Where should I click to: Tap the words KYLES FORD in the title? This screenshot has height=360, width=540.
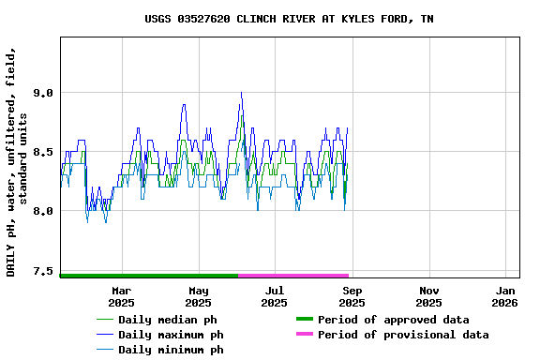pos(371,19)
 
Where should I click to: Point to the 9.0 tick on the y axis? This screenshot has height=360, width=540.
pos(42,93)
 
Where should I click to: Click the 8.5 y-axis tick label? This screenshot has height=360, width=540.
pos(42,152)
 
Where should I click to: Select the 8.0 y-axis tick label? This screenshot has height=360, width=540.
pos(42,211)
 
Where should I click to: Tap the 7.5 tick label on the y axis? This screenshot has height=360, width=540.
pos(42,271)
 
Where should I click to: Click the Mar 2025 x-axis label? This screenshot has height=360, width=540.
pos(121,296)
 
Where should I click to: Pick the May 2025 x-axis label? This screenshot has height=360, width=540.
pos(198,296)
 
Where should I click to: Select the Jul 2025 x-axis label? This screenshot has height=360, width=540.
pos(274,296)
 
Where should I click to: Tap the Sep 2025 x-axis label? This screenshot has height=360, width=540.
pos(352,296)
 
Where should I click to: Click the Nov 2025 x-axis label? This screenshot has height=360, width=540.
pos(428,296)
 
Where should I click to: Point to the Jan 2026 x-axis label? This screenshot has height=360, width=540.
pos(504,296)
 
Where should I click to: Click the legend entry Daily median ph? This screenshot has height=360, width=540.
pos(171,320)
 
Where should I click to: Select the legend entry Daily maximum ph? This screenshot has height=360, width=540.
pos(171,335)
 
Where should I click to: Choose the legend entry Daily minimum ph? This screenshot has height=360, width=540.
pos(171,350)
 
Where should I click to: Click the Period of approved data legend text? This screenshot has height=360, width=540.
pos(393,320)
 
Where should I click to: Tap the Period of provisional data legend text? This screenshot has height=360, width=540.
pos(403,335)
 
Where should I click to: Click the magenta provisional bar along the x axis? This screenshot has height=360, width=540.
pos(293,276)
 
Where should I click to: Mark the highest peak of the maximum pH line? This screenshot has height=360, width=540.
pos(241,93)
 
